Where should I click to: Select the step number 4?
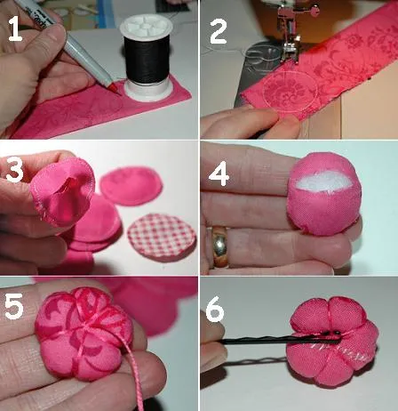(x=219, y=173)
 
